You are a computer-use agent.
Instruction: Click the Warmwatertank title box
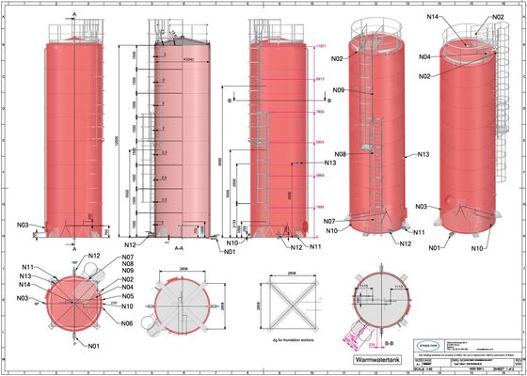[377, 358]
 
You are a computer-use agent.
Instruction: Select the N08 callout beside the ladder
[341, 153]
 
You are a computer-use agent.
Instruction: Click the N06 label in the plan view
[127, 322]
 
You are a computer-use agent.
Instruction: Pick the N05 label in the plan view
[127, 295]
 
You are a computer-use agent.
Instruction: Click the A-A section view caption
[178, 247]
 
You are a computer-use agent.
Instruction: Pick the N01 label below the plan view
[94, 347]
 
